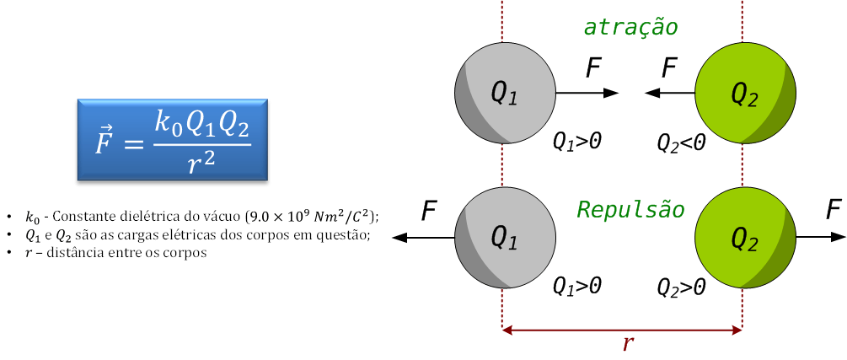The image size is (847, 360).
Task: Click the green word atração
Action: coord(630,27)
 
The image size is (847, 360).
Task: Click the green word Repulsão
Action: coord(631,208)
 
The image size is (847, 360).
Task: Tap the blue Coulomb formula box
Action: coord(172,139)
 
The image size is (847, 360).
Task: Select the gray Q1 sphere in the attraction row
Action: coord(505,93)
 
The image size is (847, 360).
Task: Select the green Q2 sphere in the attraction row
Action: coord(745,93)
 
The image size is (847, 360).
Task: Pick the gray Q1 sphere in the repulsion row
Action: coord(505,237)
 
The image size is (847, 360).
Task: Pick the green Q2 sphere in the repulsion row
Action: coord(745,237)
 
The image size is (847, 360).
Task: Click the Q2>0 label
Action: coord(681,288)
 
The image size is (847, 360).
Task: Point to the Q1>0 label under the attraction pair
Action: coord(577,142)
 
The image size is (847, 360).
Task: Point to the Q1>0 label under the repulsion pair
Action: coord(577,286)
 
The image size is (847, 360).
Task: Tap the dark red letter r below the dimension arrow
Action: coord(627,344)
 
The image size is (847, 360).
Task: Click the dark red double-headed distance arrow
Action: coord(622,328)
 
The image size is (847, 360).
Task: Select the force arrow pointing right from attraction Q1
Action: coord(587,93)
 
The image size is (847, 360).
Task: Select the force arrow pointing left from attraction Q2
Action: coord(670,93)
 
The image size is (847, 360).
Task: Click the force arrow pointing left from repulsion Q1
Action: coord(423,237)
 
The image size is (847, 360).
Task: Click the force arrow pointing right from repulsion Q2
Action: coord(821,237)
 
